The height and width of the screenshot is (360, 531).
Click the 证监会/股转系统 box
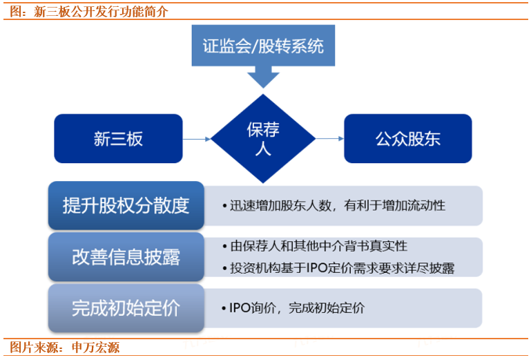(262, 46)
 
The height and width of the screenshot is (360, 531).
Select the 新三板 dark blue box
(118, 138)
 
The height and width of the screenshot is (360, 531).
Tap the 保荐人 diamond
(262, 138)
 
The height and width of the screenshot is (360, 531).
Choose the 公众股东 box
(407, 138)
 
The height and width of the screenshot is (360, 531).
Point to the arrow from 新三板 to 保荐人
(197, 139)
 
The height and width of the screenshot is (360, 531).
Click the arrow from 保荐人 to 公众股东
(329, 139)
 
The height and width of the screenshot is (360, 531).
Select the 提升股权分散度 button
(126, 205)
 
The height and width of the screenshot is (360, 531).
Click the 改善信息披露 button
(126, 256)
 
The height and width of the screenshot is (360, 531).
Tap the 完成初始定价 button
(126, 307)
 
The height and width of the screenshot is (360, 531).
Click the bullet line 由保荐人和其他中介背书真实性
(318, 246)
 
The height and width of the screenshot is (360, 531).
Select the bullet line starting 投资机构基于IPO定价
(342, 268)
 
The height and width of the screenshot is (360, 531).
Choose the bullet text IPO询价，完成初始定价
(297, 307)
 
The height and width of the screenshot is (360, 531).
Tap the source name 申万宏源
(95, 347)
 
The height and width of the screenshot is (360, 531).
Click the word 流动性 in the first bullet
(428, 205)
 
